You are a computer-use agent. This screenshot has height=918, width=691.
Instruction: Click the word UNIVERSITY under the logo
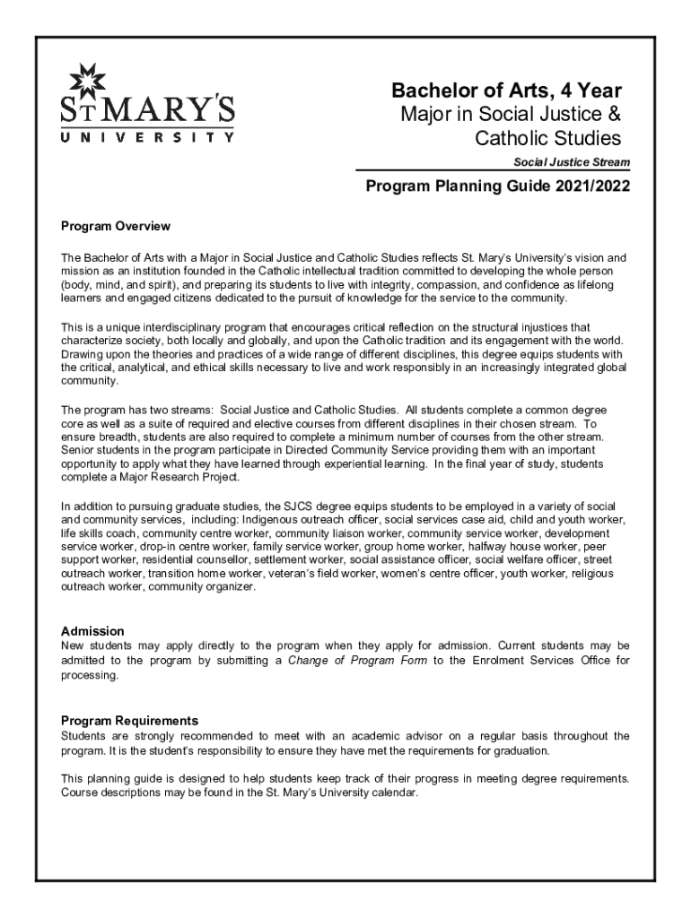[148, 138]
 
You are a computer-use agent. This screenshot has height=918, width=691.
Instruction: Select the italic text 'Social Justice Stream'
[572, 162]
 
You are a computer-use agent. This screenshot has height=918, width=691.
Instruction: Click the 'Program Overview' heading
[115, 225]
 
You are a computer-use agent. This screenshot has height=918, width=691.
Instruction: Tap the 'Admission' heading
[92, 631]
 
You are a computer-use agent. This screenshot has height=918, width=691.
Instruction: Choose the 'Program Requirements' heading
[129, 720]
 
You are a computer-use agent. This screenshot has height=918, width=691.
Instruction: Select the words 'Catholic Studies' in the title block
[548, 138]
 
